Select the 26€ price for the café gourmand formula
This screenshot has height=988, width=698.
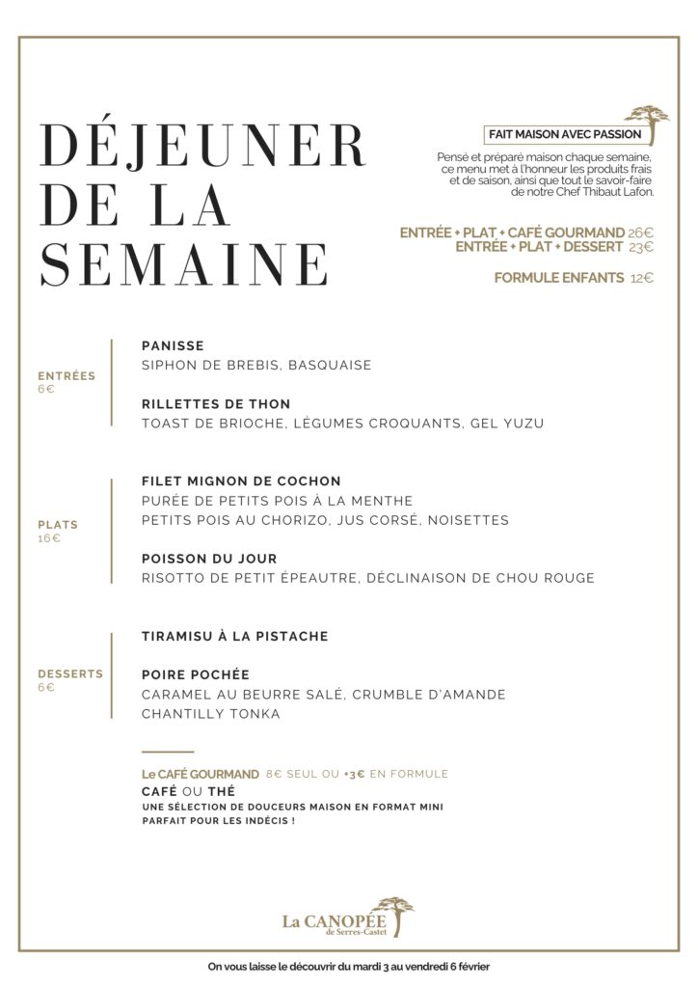coord(640,233)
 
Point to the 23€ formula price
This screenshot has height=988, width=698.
coord(640,247)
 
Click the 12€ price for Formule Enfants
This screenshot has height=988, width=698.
coord(641,278)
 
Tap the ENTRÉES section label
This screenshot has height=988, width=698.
coord(67,376)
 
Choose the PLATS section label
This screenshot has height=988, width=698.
coord(59,525)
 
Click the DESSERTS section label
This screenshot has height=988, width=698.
coord(70,673)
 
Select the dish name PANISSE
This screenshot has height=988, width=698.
coord(173,345)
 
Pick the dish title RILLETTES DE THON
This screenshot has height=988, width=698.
coord(215,403)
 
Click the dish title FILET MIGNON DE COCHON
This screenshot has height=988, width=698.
coord(241,480)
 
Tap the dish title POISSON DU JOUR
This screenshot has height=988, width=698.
coord(209,559)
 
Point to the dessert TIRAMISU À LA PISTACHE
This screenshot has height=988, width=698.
coord(234,636)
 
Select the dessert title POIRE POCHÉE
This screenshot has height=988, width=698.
coord(195,674)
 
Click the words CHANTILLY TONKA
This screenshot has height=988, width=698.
coord(210,714)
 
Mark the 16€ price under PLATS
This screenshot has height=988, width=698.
coord(48,538)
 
